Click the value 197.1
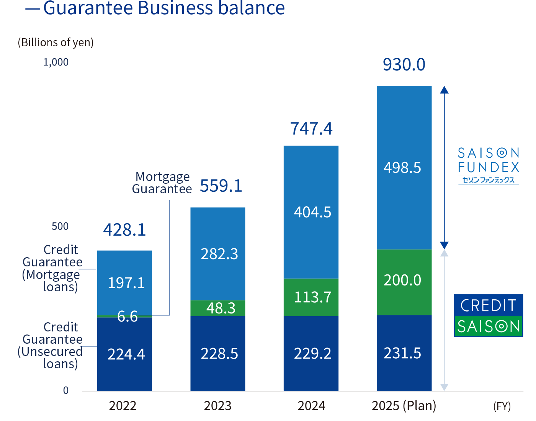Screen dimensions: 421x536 [x=126, y=283]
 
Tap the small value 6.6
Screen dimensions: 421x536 [x=127, y=317]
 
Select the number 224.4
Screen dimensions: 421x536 [x=126, y=354]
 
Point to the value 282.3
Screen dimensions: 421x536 [x=219, y=254]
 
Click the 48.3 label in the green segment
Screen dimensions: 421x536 [x=221, y=308]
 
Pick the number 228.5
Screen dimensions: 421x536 [x=219, y=354]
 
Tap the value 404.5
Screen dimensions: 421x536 [x=312, y=212]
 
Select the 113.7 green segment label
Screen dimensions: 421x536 [x=312, y=297]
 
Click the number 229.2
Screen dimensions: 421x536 [x=312, y=353]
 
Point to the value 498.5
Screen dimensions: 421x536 [x=402, y=168]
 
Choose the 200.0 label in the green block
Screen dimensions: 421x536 [x=402, y=280]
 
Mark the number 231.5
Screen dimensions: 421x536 [x=402, y=353]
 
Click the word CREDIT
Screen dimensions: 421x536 [x=488, y=306]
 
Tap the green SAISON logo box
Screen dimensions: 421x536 [x=488, y=326]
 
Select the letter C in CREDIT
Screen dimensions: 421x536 [x=465, y=306]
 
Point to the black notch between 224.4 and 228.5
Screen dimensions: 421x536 [x=171, y=383]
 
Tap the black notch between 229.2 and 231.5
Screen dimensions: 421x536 [x=358, y=383]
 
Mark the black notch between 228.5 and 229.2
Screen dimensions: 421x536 [x=264, y=383]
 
